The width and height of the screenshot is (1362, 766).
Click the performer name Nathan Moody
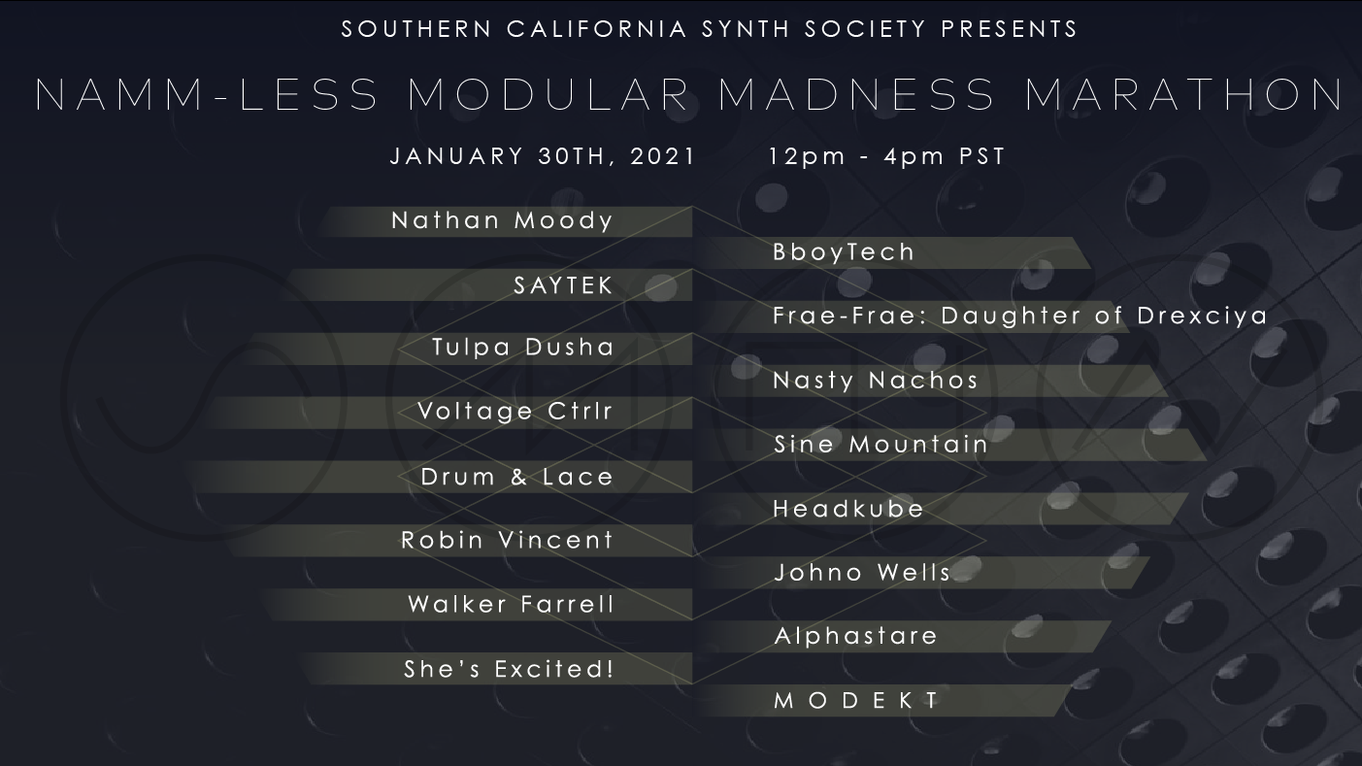point(502,220)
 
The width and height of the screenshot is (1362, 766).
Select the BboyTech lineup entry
point(844,252)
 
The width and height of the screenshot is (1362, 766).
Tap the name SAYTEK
point(563,285)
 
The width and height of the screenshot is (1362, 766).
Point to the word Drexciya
point(1202,316)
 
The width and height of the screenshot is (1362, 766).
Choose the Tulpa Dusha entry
point(523,348)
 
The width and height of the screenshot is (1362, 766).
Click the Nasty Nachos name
point(875,381)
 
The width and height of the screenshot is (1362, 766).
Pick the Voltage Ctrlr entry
point(515,412)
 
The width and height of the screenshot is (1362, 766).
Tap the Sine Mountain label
point(880,445)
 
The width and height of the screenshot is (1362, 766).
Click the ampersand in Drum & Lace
point(518,478)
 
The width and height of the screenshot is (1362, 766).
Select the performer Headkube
point(848,509)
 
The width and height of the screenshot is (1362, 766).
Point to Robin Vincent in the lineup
point(507,541)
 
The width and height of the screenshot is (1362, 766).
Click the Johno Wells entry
point(862,573)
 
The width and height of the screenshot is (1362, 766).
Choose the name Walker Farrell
point(512,604)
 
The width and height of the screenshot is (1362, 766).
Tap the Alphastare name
point(856,637)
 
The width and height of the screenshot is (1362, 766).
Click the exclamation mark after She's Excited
point(610,669)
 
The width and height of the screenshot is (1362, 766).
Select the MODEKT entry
point(857,700)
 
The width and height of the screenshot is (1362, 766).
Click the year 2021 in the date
point(662,156)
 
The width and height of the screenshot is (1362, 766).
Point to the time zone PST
point(982,156)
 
